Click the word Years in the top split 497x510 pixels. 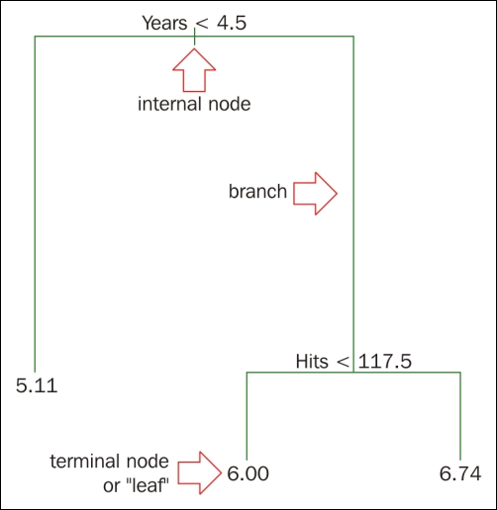(x=164, y=23)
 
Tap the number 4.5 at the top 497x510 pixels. (x=232, y=23)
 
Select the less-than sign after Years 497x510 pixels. (x=202, y=24)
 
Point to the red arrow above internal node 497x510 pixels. (x=194, y=70)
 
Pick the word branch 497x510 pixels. (x=257, y=191)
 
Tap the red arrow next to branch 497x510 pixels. (x=315, y=194)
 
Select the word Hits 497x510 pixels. (x=312, y=361)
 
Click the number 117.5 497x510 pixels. (x=385, y=361)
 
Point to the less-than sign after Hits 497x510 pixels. (x=344, y=362)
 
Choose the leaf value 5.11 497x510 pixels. (x=37, y=385)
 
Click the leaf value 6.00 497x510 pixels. (x=248, y=473)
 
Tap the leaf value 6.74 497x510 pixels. (x=460, y=473)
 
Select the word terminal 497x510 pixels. (x=86, y=461)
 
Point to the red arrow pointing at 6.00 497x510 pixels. (x=199, y=472)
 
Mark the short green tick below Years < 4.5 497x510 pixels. (x=194, y=37)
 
